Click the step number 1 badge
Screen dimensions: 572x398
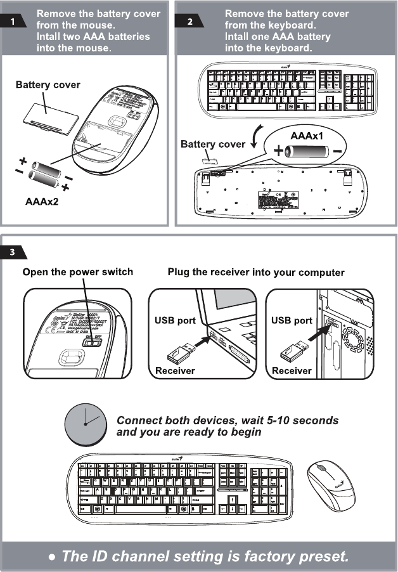tap(13, 22)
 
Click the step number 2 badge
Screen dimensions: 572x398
tap(189, 22)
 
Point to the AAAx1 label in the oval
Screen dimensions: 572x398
tap(307, 136)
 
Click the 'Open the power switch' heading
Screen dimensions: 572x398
tap(78, 272)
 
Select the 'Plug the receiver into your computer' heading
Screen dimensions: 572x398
tap(256, 272)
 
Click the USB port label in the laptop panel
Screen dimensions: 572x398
tap(175, 320)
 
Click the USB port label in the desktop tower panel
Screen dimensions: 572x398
tap(292, 320)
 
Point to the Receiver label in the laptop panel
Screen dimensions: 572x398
tap(176, 370)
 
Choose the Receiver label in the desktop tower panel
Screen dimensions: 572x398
tap(292, 370)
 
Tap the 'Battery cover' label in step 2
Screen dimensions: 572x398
tap(213, 145)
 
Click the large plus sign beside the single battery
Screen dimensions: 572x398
tap(278, 152)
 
